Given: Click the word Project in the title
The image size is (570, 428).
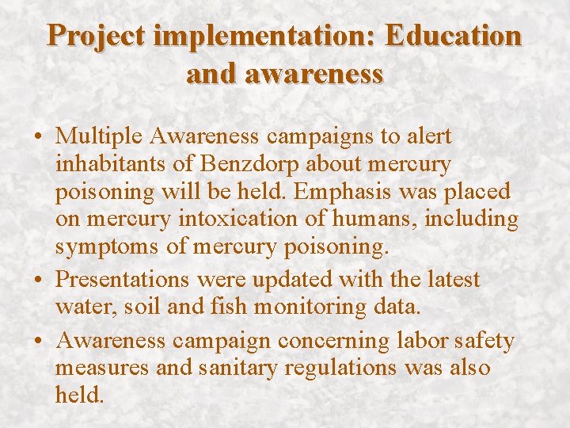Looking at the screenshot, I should point(95,36).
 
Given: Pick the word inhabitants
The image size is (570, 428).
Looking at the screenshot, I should point(106,165).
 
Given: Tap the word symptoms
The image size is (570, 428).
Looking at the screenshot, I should point(109,247).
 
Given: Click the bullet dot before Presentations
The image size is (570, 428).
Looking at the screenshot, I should point(39,281).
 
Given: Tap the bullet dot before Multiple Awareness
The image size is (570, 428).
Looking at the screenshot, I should point(39,137).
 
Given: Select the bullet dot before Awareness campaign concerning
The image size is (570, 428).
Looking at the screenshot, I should point(39,342).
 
